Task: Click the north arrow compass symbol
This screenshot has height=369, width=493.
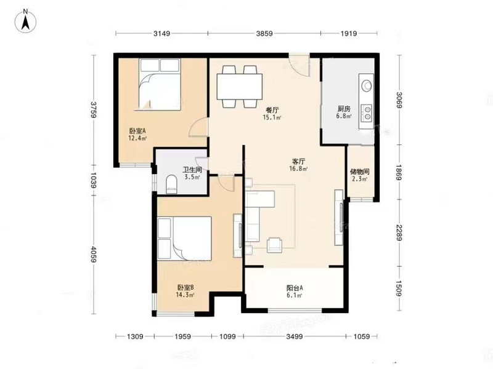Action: (25, 22)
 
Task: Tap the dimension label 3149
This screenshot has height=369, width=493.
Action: (161, 33)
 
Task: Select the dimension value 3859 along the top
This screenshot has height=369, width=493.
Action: (264, 33)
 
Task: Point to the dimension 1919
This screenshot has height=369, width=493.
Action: (349, 33)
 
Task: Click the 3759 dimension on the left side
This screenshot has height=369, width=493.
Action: (94, 109)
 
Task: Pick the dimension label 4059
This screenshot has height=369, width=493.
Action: (94, 254)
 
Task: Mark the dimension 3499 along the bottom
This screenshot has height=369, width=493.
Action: (295, 336)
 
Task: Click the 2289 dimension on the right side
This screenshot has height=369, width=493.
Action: (399, 233)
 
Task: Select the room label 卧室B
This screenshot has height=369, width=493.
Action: (185, 287)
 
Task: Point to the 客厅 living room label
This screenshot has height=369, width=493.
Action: (298, 162)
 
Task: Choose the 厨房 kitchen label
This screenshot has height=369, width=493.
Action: (344, 109)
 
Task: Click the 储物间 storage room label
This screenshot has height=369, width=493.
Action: (360, 172)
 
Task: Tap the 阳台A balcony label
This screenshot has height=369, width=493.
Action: (295, 288)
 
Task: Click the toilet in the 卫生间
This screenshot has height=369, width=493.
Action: (171, 184)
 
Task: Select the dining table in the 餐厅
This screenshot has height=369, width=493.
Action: (239, 86)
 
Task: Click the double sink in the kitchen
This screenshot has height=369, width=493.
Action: (367, 113)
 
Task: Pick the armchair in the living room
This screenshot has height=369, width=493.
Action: (274, 245)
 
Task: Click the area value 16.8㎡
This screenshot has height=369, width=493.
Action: (298, 169)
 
